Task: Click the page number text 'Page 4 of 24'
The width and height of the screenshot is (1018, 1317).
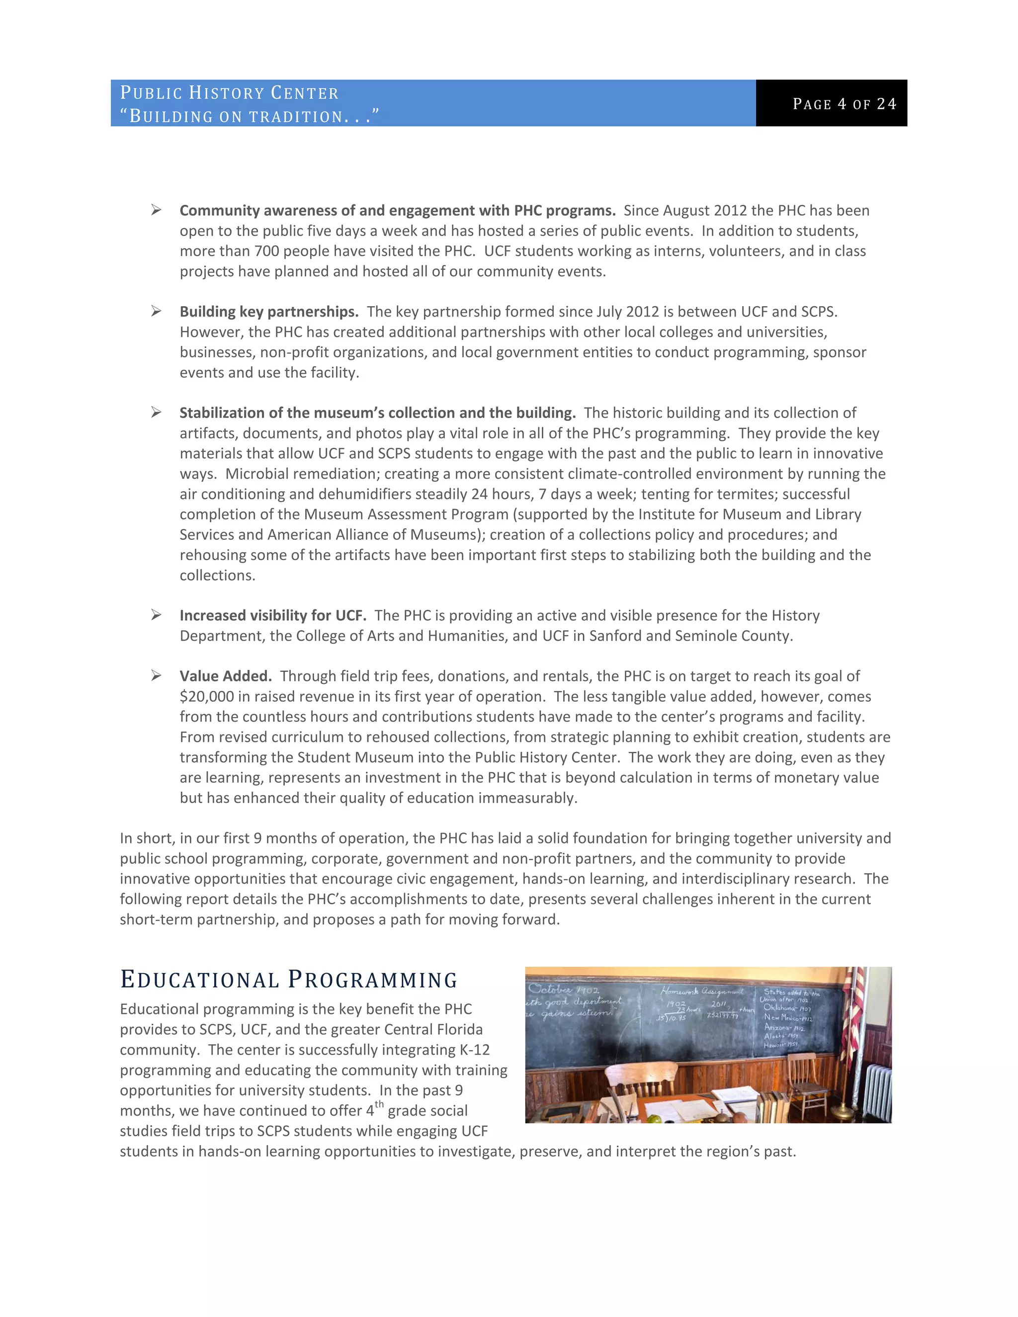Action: point(845,104)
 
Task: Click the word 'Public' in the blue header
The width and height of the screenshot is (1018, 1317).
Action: point(151,93)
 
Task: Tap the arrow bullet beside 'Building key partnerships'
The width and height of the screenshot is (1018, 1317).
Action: point(156,311)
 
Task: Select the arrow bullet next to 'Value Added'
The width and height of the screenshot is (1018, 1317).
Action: point(156,675)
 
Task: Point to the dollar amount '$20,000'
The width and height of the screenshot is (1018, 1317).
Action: point(206,696)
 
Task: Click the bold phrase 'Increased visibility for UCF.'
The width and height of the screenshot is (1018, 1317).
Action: point(272,615)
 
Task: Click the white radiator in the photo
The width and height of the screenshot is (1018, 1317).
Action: point(877,1091)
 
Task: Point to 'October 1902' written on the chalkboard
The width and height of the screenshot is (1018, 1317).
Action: point(563,989)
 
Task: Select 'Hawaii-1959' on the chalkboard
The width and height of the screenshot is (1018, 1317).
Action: point(781,1045)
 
